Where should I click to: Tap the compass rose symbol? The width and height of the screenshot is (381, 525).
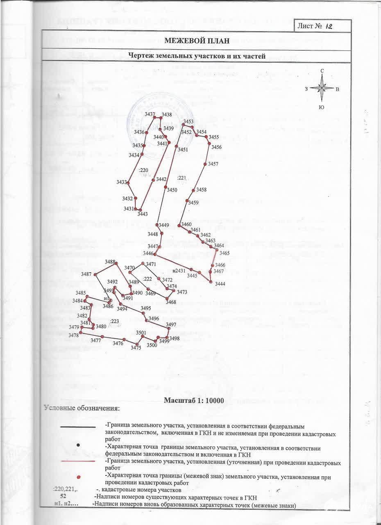point(322,88)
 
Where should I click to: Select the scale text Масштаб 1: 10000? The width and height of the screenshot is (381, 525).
point(194,401)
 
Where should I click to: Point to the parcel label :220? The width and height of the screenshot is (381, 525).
point(143,170)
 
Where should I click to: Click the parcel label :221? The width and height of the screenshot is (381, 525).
point(181,178)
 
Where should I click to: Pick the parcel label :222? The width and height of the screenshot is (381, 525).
point(147,279)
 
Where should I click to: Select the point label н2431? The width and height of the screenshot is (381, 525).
point(179,271)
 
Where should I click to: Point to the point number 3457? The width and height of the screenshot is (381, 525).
point(213,164)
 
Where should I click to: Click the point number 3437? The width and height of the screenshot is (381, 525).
point(150,114)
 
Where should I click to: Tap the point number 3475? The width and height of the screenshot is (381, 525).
point(136,348)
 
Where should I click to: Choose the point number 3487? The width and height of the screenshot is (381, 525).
point(86,274)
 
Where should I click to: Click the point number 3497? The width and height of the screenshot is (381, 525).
point(171,324)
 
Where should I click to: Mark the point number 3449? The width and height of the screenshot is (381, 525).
point(164,225)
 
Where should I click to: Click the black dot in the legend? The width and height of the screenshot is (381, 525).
point(78,445)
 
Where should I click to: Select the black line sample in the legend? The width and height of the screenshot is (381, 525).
point(78,427)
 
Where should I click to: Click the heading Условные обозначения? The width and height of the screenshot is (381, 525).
point(82,408)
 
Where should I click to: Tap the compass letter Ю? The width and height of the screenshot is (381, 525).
point(322,107)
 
